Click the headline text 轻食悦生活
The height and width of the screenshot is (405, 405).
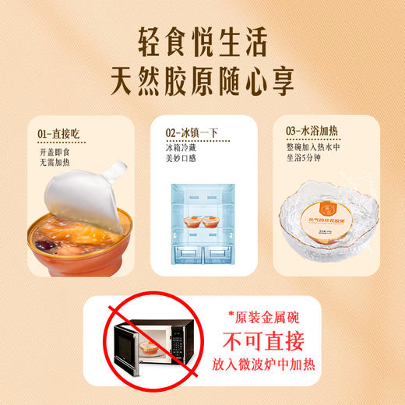tap(202, 37)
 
